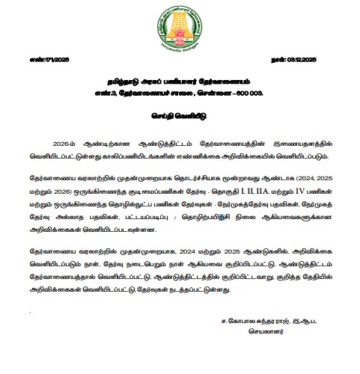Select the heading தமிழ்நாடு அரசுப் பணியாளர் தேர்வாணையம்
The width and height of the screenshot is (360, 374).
tap(180, 78)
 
